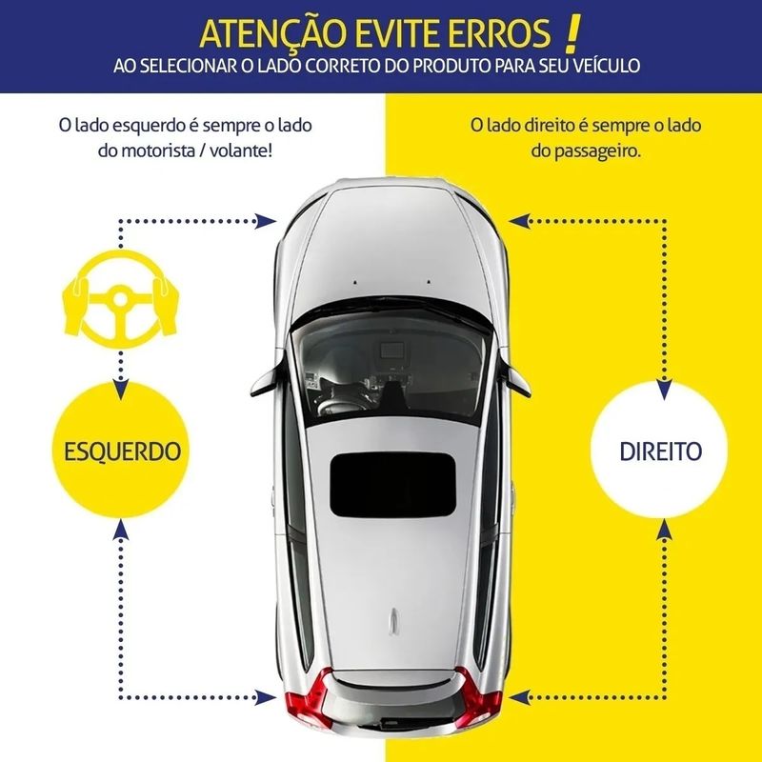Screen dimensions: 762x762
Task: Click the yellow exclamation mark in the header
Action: [571, 33]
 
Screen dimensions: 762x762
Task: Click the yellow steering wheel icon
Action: [121, 299]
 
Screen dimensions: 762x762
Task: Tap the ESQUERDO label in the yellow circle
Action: [123, 451]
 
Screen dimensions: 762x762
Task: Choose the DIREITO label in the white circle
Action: [660, 451]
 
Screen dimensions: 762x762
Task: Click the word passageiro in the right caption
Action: [586, 151]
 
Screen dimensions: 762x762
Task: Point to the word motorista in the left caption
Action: [157, 150]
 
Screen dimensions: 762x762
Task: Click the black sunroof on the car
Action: [392, 485]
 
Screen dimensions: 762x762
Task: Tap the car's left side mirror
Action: [267, 379]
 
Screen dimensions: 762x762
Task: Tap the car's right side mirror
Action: [516, 380]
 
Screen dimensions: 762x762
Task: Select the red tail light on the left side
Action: [308, 700]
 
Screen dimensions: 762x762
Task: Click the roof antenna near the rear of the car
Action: [394, 622]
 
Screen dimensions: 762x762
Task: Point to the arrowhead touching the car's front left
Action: [266, 221]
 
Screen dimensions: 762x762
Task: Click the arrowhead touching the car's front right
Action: [519, 221]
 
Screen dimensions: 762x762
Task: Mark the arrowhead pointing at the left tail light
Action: [266, 698]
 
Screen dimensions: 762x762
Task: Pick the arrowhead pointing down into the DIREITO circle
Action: [664, 390]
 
